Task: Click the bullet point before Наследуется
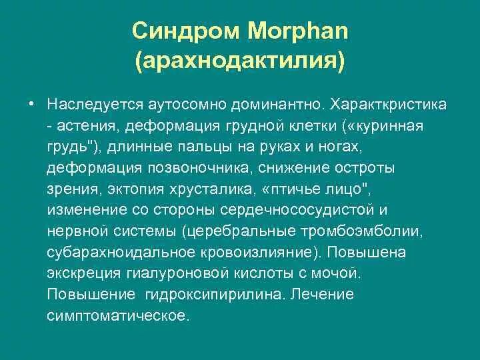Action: (x=31, y=105)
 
